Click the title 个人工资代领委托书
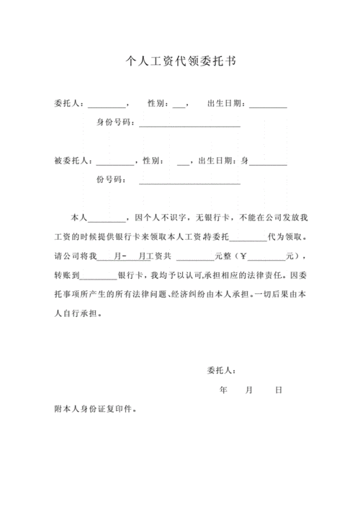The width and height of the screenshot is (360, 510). tap(180, 62)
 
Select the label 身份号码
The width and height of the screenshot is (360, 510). tap(114, 122)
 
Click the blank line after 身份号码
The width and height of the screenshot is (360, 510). tap(189, 124)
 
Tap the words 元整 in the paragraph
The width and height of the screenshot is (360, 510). tap(222, 256)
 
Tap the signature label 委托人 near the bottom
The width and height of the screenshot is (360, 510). tap(220, 372)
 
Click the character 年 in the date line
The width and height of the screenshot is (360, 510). tap(223, 390)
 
